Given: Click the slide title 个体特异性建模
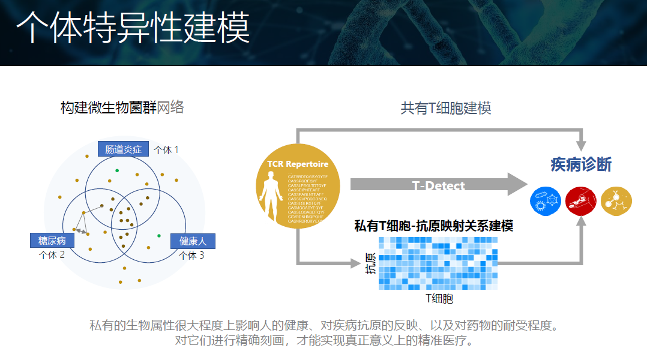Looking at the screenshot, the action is (x=132, y=28).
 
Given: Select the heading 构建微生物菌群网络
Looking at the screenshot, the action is (x=122, y=108).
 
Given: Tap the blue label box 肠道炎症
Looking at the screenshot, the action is (x=123, y=149).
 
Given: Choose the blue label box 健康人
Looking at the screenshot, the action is (x=193, y=241).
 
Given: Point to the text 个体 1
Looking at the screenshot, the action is (x=166, y=149).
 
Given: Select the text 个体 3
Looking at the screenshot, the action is (x=191, y=256).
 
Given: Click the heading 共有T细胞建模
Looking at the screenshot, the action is (x=446, y=109).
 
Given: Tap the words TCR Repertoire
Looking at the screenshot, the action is (x=298, y=164).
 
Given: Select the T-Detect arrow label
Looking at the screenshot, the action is (x=439, y=185).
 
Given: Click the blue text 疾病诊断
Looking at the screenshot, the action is (x=581, y=164).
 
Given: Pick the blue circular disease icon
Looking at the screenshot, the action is (x=546, y=201).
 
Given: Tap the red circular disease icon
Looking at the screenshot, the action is (x=581, y=201).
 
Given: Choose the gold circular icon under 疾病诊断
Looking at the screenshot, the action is (x=616, y=201).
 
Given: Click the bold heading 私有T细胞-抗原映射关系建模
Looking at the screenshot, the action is (x=433, y=226).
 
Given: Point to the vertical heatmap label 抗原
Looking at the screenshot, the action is (x=371, y=263).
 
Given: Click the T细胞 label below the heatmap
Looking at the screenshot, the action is (x=439, y=298).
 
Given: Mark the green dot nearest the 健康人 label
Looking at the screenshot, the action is (x=159, y=235).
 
